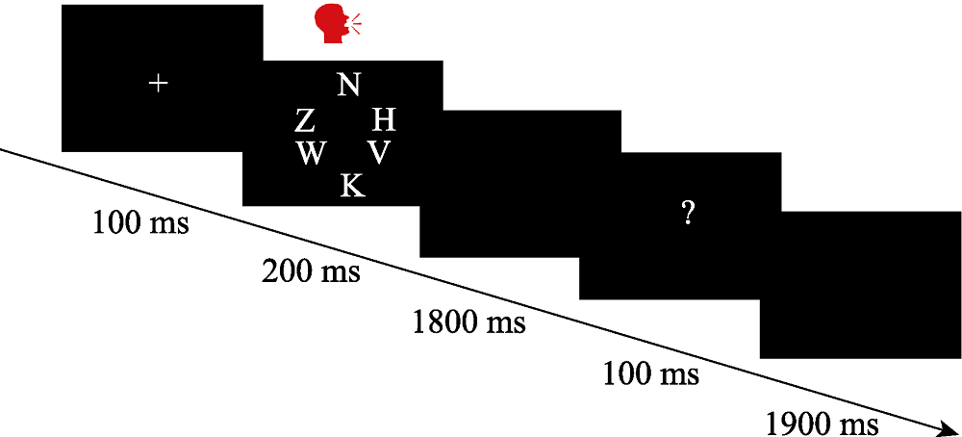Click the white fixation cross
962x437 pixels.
[159, 84]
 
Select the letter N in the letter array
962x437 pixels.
[349, 86]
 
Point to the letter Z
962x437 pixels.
[304, 120]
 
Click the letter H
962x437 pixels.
[383, 119]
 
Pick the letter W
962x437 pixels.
[311, 153]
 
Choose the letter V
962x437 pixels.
[380, 152]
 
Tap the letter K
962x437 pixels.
[353, 185]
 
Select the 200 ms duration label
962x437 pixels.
[311, 271]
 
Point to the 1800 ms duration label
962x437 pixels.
[468, 321]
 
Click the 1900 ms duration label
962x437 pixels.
[822, 424]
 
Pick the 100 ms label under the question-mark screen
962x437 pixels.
[651, 373]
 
